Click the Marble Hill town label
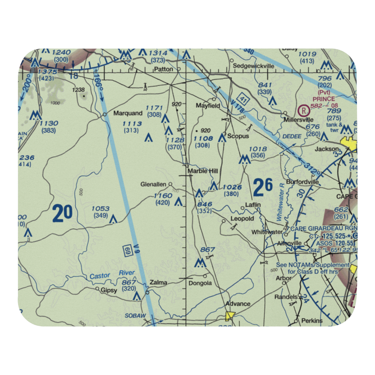point(202,171)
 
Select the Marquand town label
point(128,113)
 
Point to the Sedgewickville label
point(253,66)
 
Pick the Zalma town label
point(158,283)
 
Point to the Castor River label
point(112,274)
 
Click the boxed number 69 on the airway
point(127,251)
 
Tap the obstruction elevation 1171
point(154,108)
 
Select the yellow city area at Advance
point(229,316)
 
